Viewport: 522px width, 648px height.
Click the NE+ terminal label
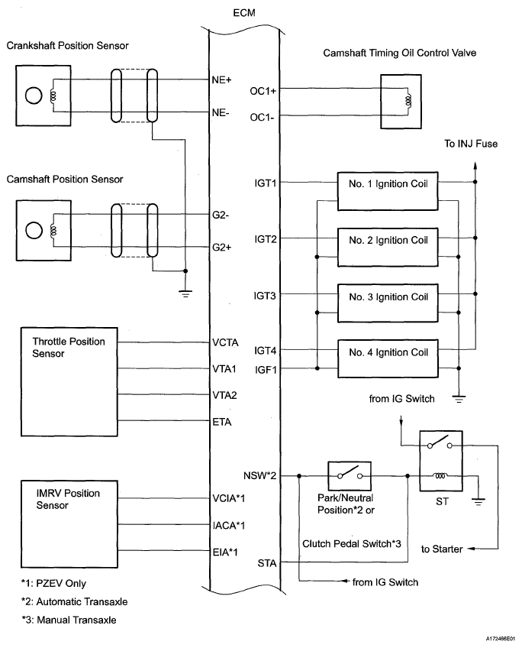pos(221,80)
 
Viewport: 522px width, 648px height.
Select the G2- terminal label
pos(221,215)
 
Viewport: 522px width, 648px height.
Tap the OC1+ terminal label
pos(263,91)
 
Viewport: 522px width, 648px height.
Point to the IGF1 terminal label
pos(266,370)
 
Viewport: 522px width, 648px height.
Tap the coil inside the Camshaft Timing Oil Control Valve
pos(408,100)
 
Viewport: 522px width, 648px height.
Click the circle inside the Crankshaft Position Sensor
pos(34,96)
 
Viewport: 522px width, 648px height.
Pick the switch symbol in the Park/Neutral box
pos(349,474)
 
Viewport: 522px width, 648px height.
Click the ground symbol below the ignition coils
pos(459,399)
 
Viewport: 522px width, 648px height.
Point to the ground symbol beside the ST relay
pos(478,503)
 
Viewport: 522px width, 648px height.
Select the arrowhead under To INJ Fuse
pos(475,166)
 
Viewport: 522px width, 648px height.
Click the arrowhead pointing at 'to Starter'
pos(472,549)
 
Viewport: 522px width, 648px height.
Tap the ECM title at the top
pos(244,13)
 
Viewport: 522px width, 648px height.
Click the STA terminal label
pos(267,563)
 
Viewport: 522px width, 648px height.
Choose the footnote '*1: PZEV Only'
pos(53,584)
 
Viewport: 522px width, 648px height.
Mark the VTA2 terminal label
pos(224,396)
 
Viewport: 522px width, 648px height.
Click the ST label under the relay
pos(442,502)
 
